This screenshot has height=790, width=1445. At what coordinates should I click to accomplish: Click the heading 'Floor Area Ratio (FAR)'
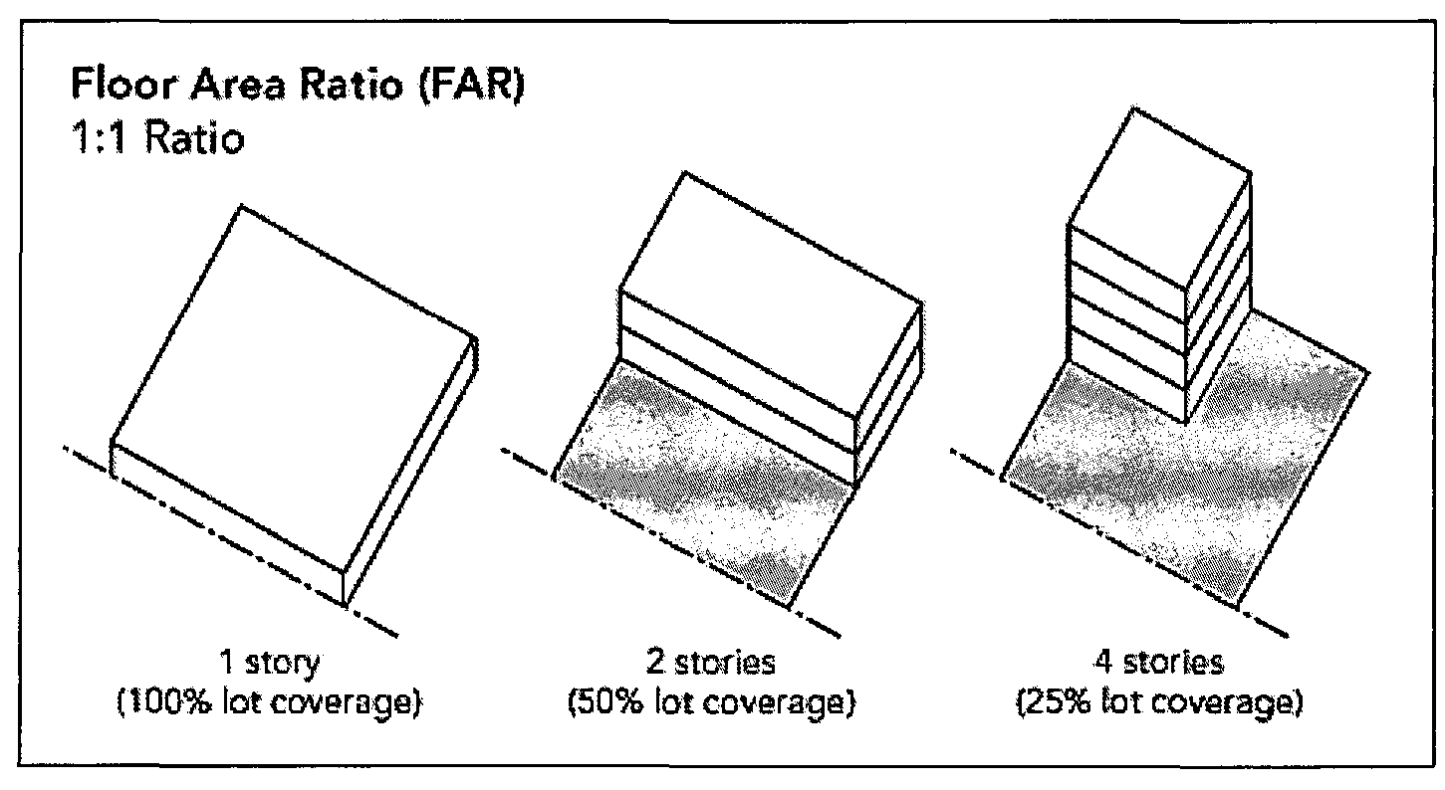(x=298, y=86)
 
